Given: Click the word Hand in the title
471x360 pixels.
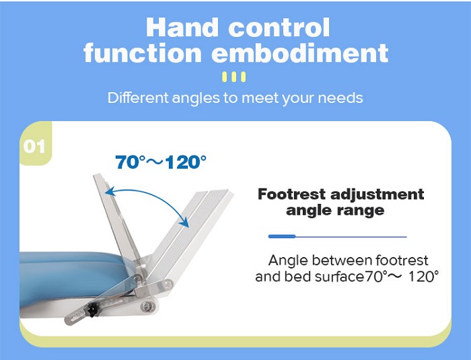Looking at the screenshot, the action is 182,28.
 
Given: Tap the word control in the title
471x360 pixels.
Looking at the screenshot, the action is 279,28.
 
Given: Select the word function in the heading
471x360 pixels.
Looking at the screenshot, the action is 143,52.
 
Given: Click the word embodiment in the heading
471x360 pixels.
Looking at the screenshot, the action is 300,52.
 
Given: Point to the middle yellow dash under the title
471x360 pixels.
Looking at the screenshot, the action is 234,77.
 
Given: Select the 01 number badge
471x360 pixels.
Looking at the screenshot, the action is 34,146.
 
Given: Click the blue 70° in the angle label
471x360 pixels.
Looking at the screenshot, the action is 131,161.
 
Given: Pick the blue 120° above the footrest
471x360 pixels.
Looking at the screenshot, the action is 186,161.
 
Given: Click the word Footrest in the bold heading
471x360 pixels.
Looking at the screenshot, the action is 291,194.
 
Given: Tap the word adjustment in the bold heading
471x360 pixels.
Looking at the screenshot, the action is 377,195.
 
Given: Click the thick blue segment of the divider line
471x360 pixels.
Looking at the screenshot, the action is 282,236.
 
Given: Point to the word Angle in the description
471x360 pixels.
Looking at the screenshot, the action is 288,261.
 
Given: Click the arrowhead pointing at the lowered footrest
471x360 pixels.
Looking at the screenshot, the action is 184,222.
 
